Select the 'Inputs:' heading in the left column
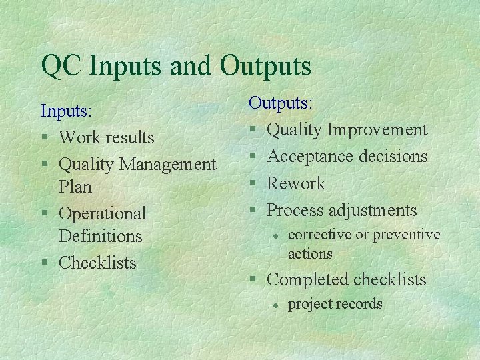(x=65, y=110)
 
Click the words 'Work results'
(x=106, y=137)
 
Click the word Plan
(x=75, y=187)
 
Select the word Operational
(x=102, y=214)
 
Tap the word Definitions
(x=100, y=236)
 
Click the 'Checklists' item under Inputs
(x=97, y=263)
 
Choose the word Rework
(x=295, y=183)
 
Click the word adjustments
(x=369, y=211)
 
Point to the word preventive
(x=406, y=235)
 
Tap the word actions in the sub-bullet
(x=309, y=253)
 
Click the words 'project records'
(x=335, y=304)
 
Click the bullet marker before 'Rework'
(x=253, y=184)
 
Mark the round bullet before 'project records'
(x=274, y=305)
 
